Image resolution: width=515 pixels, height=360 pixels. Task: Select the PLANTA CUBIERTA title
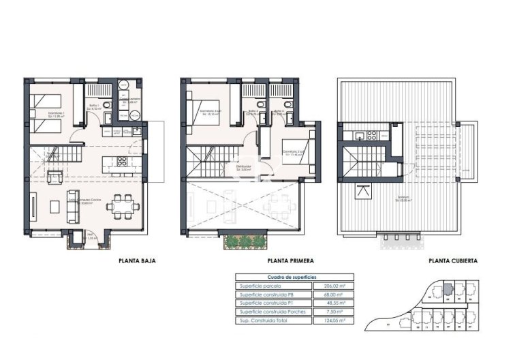[452, 260]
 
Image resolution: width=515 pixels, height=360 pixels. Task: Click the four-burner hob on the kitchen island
[122, 162]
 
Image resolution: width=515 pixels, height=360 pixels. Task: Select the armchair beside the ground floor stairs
[55, 178]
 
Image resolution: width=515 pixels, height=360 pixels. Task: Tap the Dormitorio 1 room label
[47, 115]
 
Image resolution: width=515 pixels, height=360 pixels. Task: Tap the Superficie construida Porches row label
[272, 312]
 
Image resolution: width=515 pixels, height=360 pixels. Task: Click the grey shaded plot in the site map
[447, 289]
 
